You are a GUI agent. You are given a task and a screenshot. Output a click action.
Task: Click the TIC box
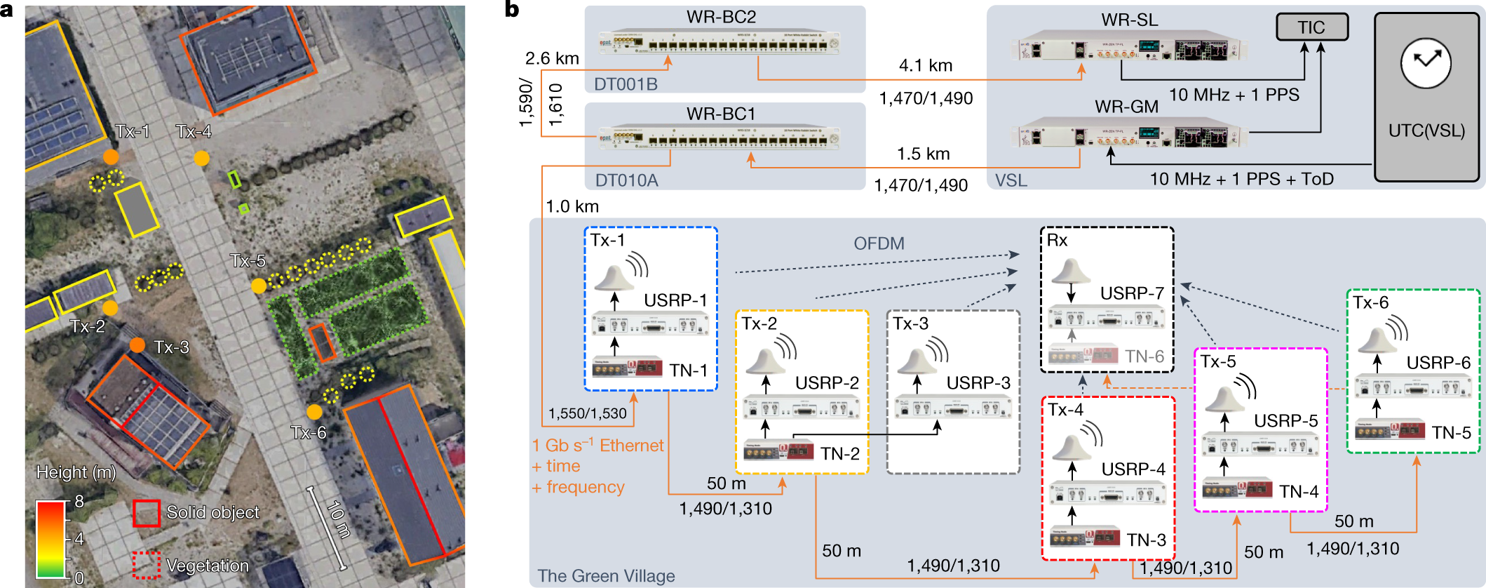(x=1311, y=27)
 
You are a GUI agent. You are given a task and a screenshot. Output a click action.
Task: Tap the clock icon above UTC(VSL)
(x=1426, y=63)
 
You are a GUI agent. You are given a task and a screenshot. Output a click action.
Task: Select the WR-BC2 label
(x=721, y=17)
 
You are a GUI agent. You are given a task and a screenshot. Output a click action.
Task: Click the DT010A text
(x=626, y=180)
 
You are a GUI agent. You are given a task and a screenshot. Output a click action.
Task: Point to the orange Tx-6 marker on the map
(x=314, y=412)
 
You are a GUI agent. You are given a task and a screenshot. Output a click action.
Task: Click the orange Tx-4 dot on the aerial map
(x=201, y=159)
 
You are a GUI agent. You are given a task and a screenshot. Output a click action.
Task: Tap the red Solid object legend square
(x=147, y=513)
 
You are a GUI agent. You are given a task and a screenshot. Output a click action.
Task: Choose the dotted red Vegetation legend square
(x=147, y=565)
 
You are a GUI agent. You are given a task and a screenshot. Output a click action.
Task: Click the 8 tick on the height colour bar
(x=79, y=501)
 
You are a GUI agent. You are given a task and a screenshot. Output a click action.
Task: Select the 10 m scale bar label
(x=339, y=520)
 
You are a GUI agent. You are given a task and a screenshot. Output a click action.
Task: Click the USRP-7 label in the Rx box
(x=1132, y=293)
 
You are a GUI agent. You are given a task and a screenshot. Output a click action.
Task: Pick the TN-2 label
(x=839, y=454)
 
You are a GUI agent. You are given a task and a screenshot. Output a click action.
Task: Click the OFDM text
(x=879, y=243)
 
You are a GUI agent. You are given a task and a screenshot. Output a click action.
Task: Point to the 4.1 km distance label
(x=926, y=65)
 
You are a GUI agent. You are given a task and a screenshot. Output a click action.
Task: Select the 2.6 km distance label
(x=552, y=58)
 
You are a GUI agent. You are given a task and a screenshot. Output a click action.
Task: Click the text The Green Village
(x=606, y=575)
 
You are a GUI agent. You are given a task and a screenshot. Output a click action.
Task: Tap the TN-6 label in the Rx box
(x=1144, y=356)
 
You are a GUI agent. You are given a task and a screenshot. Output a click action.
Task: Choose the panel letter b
(x=512, y=9)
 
